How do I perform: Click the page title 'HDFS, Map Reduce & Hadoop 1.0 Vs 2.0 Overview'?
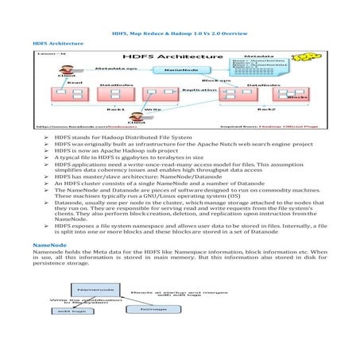(x=180, y=36)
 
